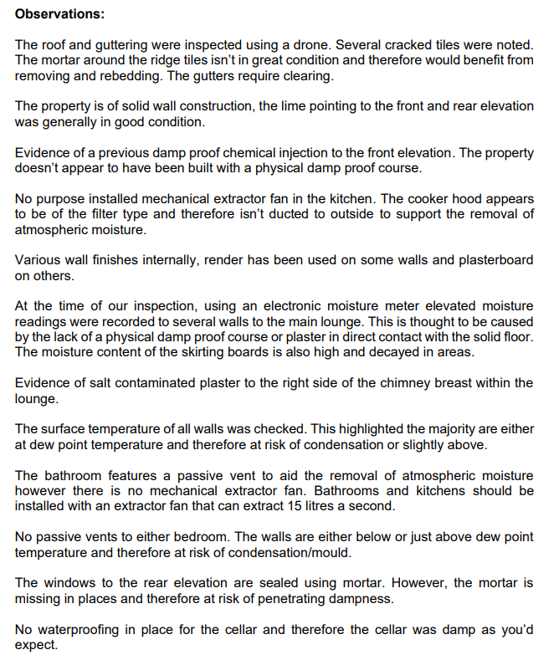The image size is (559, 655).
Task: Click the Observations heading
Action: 58,15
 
